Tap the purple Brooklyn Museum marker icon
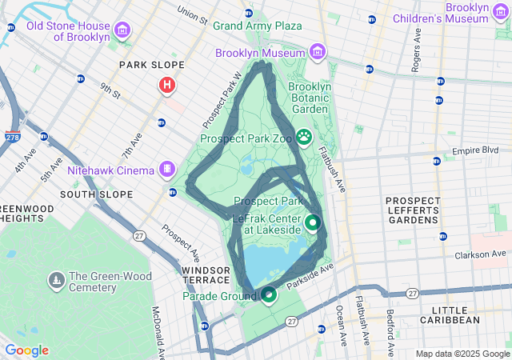click(x=318, y=52)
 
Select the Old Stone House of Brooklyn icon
click(x=122, y=31)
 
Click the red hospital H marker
click(x=167, y=84)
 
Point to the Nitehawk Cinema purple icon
click(x=166, y=169)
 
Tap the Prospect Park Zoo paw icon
click(x=304, y=137)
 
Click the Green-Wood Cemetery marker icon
click(x=57, y=281)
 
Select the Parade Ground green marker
click(x=270, y=295)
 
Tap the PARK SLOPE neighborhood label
click(x=151, y=65)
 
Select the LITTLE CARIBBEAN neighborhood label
click(x=455, y=314)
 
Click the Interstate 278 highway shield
click(x=13, y=138)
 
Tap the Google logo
click(x=26, y=350)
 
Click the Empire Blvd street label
click(x=475, y=150)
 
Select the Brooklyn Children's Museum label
click(x=455, y=12)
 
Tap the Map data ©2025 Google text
click(x=462, y=354)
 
